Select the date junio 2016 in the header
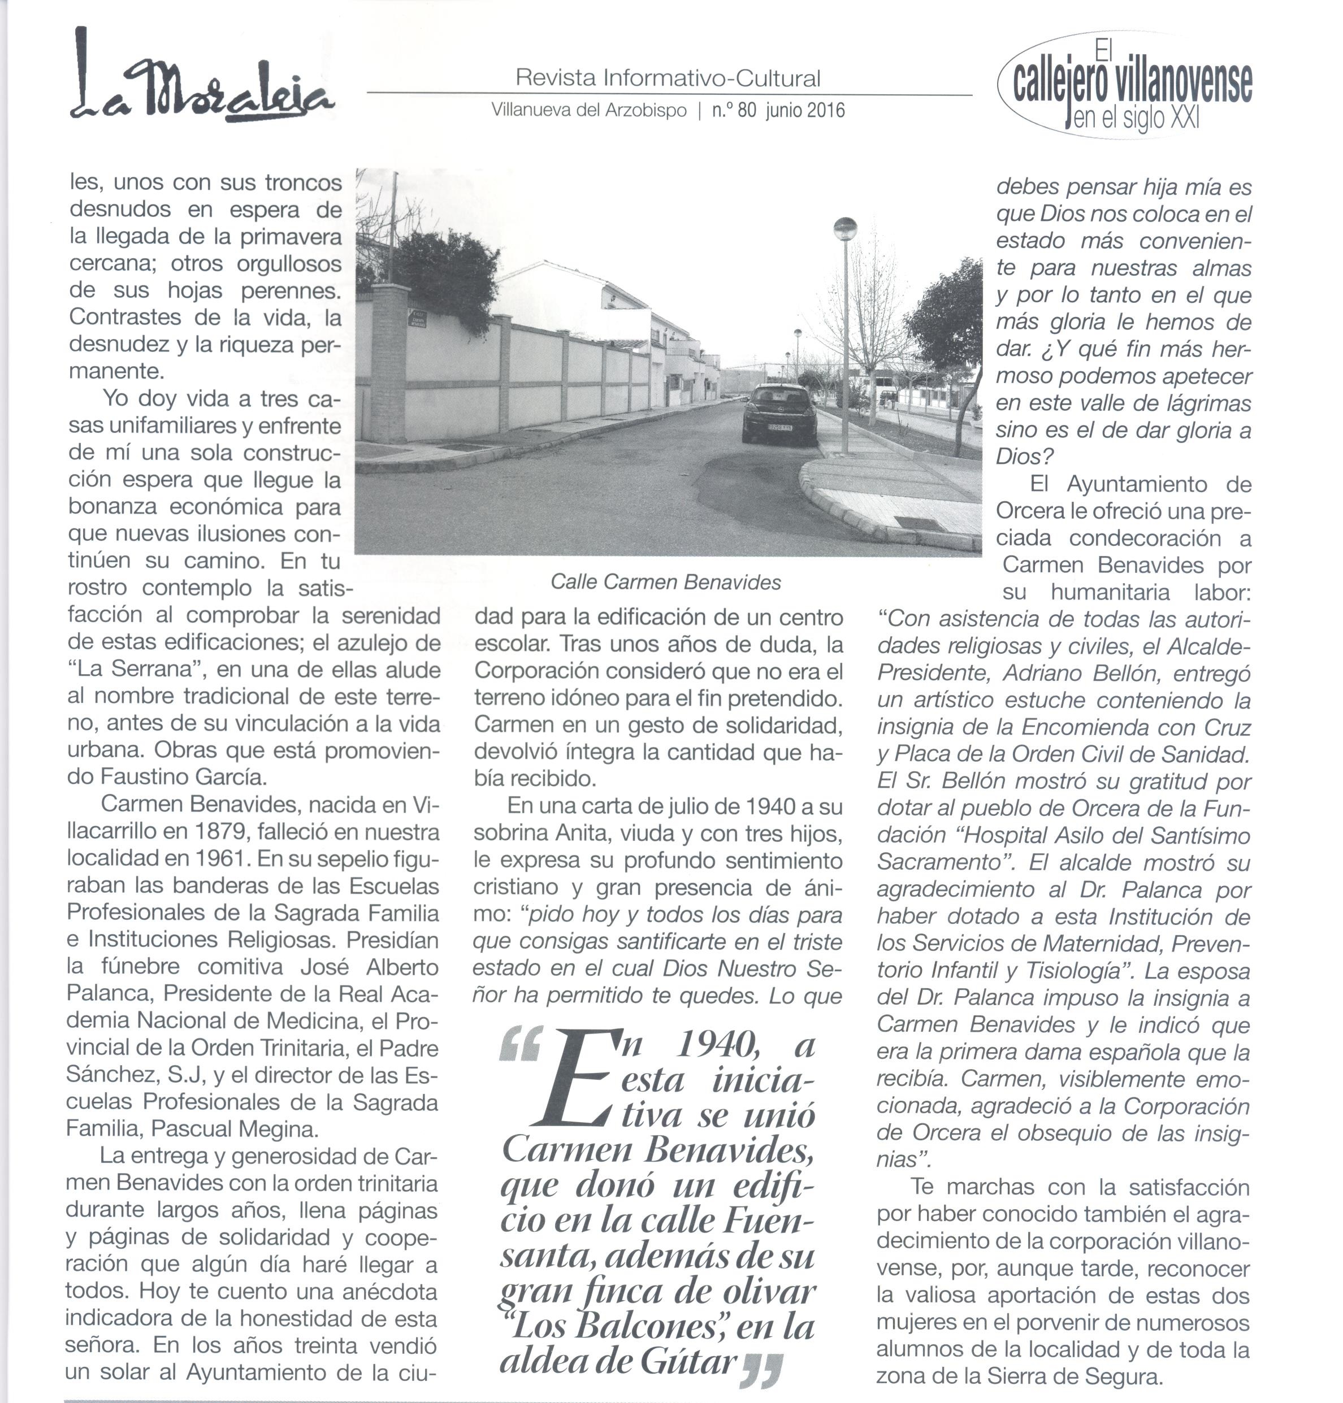(805, 111)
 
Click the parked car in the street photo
(779, 414)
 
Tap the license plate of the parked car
(779, 427)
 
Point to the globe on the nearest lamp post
(844, 229)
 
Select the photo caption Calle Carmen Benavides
(665, 583)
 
